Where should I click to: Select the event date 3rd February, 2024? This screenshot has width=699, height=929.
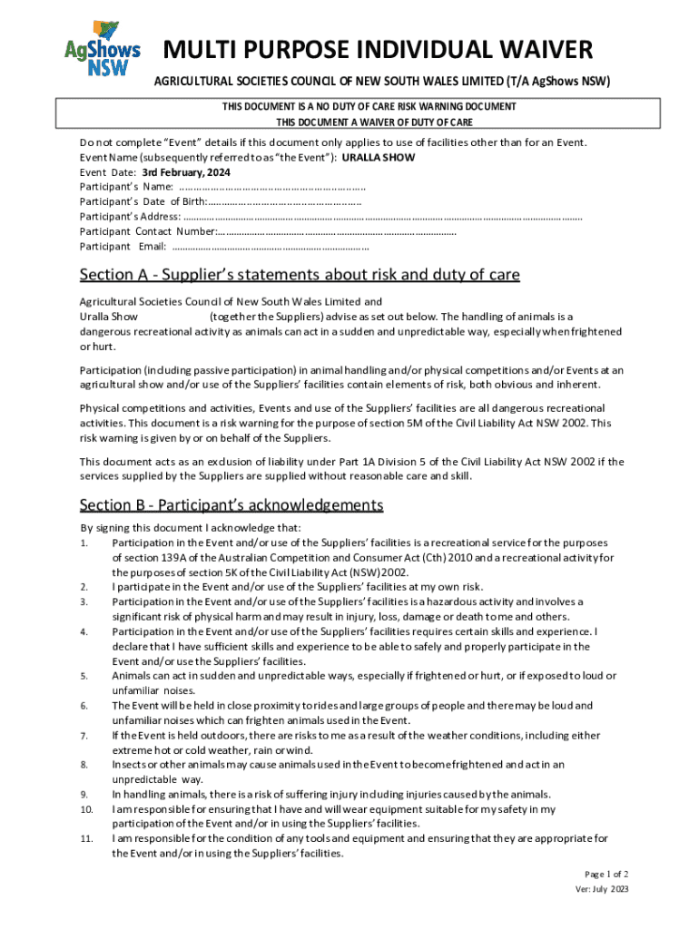pos(172,171)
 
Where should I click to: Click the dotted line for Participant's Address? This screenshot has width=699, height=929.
pos(382,217)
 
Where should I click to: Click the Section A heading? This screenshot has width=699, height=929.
pos(300,275)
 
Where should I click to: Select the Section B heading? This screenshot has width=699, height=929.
pos(231,505)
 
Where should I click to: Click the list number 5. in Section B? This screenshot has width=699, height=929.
pos(84,676)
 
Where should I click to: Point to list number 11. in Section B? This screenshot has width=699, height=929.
pos(87,839)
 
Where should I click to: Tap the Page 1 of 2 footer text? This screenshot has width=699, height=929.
pos(606,875)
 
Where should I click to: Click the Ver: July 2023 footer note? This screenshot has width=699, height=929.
pos(601,889)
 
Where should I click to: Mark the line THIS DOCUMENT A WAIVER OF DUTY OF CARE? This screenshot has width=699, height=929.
pos(374,122)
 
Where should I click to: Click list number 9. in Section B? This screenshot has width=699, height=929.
pos(84,795)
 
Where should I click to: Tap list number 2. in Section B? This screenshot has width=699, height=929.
pos(84,587)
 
